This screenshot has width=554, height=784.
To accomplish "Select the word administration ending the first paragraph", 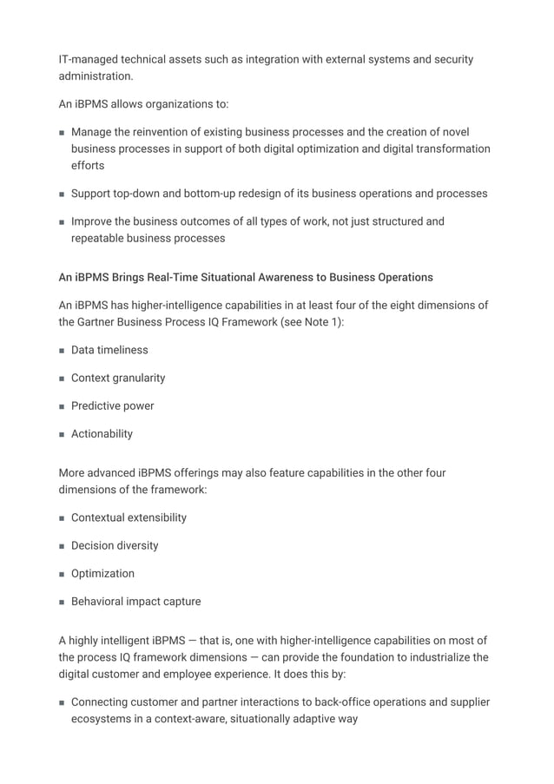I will [x=96, y=76].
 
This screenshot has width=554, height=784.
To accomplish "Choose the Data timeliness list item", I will [x=109, y=350].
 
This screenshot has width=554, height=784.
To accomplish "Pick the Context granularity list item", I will [x=118, y=378].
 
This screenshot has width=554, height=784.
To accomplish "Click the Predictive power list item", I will [x=112, y=405].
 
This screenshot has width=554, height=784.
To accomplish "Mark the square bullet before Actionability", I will [x=63, y=434].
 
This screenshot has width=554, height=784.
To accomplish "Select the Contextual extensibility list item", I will [x=129, y=517].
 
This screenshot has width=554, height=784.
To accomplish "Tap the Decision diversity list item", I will [x=115, y=545].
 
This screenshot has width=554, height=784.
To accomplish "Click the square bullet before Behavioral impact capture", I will [x=63, y=602].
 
